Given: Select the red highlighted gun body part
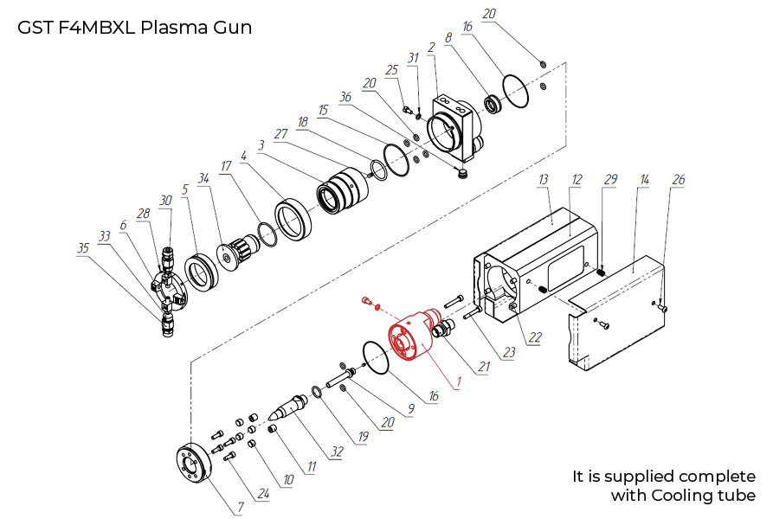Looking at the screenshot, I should click(414, 337).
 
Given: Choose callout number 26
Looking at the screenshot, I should click(679, 180).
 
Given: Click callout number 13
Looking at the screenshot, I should click(544, 179).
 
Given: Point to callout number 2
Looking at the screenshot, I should click(430, 47).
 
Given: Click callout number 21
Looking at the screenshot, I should click(483, 367).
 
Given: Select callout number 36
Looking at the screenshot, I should click(346, 97).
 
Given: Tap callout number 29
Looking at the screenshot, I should click(611, 179).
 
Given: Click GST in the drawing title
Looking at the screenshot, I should click(35, 27).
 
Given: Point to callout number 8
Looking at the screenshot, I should click(448, 38).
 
